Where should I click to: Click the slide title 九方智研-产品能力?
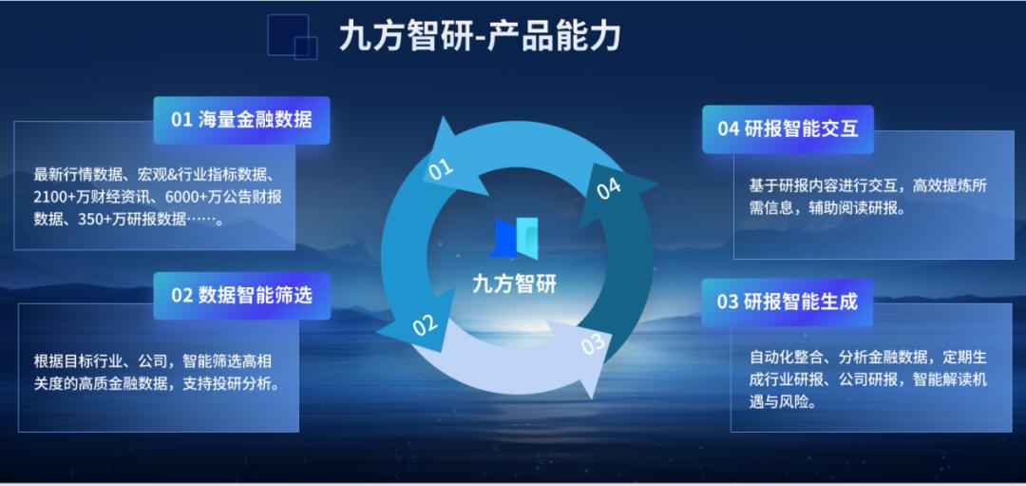[479, 37]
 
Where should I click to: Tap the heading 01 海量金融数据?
[241, 120]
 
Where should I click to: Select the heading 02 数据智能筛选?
[242, 296]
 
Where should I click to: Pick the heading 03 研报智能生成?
[788, 301]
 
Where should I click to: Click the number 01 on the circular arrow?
[441, 168]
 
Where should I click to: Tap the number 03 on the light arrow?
[592, 344]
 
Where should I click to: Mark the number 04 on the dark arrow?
[608, 188]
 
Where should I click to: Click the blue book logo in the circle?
[514, 237]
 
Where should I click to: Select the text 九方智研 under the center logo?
[514, 284]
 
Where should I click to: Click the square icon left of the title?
[293, 36]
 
